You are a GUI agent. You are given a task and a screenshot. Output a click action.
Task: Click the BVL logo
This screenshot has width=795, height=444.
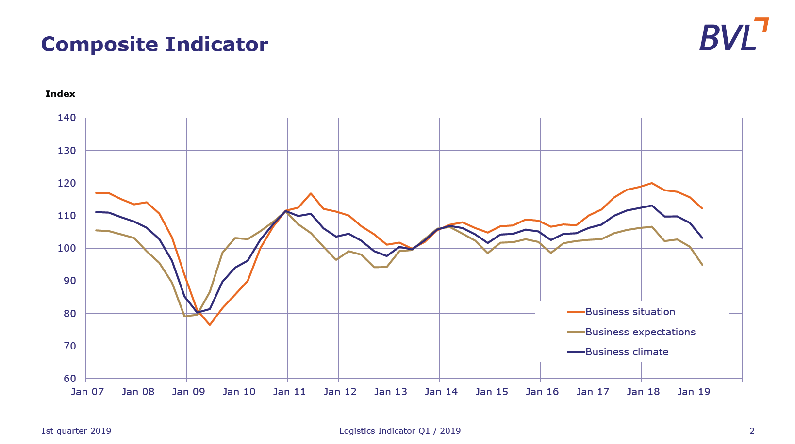coord(733,35)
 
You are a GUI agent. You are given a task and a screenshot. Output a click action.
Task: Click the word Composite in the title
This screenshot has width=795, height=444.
coord(99,45)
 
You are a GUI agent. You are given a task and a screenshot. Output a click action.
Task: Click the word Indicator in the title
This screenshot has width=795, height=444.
coord(216,45)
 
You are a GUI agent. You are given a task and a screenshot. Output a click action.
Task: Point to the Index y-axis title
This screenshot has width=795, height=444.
coord(60,94)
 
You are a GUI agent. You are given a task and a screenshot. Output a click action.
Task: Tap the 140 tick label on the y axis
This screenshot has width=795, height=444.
coord(67,118)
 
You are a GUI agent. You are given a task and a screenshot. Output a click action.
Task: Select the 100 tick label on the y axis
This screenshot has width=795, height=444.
coord(67,248)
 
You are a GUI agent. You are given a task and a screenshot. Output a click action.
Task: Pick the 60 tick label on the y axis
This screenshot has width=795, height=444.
coord(69,379)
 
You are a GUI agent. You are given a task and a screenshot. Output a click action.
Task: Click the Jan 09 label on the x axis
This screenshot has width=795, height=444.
coord(188,392)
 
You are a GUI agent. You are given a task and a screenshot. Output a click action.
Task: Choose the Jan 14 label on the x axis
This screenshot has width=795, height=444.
coord(441,392)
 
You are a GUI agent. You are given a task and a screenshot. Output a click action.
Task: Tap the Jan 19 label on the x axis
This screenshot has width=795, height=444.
coord(694,392)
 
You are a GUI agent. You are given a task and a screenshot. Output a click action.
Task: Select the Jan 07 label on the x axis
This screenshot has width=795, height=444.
coord(87,392)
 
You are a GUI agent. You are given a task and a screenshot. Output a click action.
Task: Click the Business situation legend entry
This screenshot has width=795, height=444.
coord(630,312)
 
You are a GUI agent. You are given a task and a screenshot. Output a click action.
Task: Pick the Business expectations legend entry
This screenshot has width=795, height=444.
coord(640,332)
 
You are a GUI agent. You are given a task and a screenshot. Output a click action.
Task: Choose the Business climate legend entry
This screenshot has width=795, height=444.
coord(627,352)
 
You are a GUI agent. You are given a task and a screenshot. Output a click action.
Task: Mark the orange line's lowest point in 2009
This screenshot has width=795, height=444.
coord(210,325)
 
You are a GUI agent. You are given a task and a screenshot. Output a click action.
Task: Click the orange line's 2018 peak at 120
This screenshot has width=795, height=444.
coord(651,183)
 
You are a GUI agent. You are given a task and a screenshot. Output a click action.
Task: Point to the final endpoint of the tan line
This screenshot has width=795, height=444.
coord(702,265)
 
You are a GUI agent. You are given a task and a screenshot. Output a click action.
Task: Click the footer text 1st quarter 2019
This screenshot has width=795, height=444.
coord(76,431)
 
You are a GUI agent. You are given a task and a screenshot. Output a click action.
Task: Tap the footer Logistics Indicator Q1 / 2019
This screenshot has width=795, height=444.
coord(400,431)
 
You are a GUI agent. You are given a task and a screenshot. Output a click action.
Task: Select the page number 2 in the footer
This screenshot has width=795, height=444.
coord(752,431)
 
